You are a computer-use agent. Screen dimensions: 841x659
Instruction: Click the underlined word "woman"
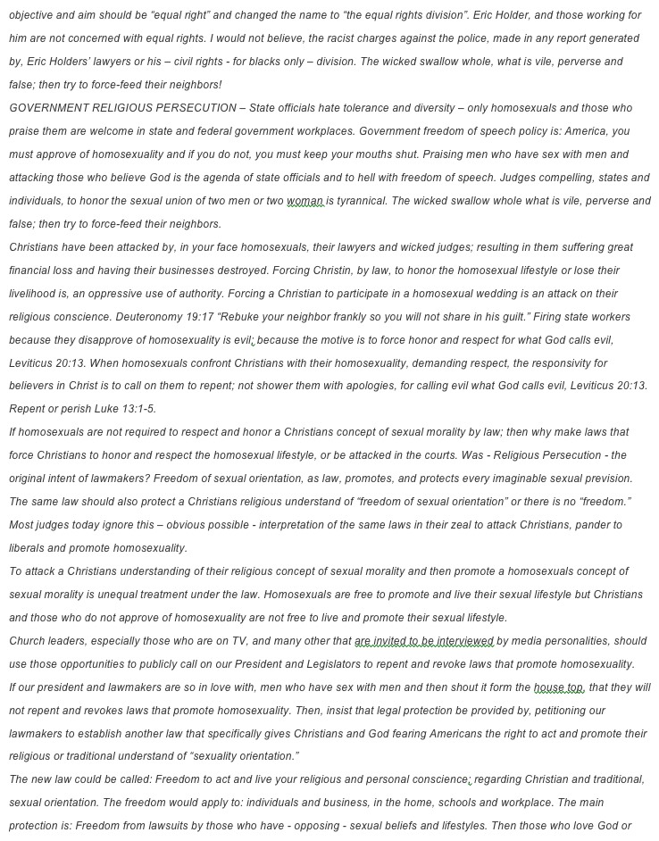click(304, 201)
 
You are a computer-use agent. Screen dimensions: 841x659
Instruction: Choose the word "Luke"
click(100, 410)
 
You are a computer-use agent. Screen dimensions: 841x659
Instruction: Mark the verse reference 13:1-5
click(136, 410)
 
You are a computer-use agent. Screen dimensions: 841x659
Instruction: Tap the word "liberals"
click(29, 548)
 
